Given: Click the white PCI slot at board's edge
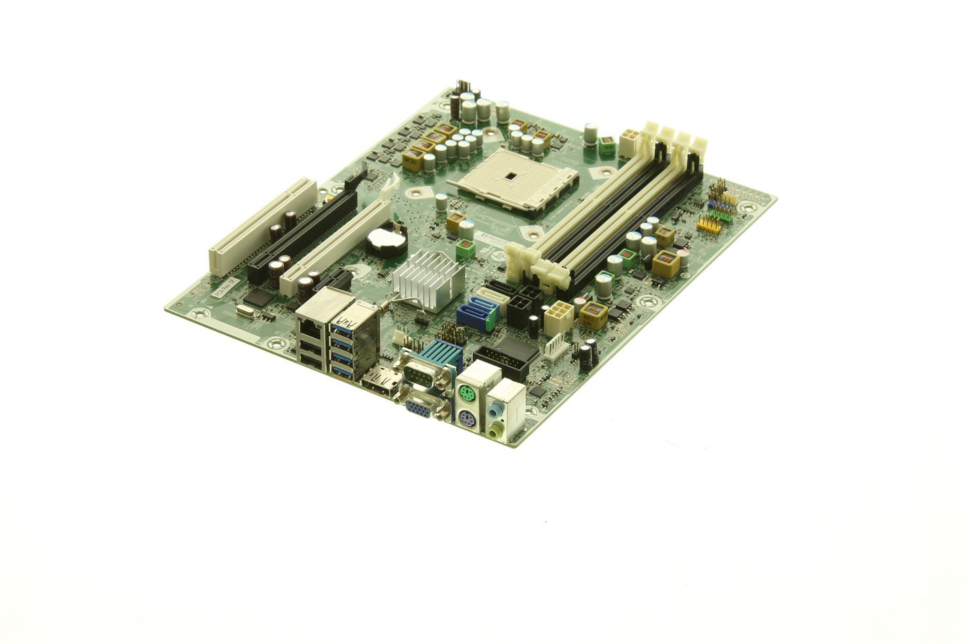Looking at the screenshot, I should click(x=262, y=224).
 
